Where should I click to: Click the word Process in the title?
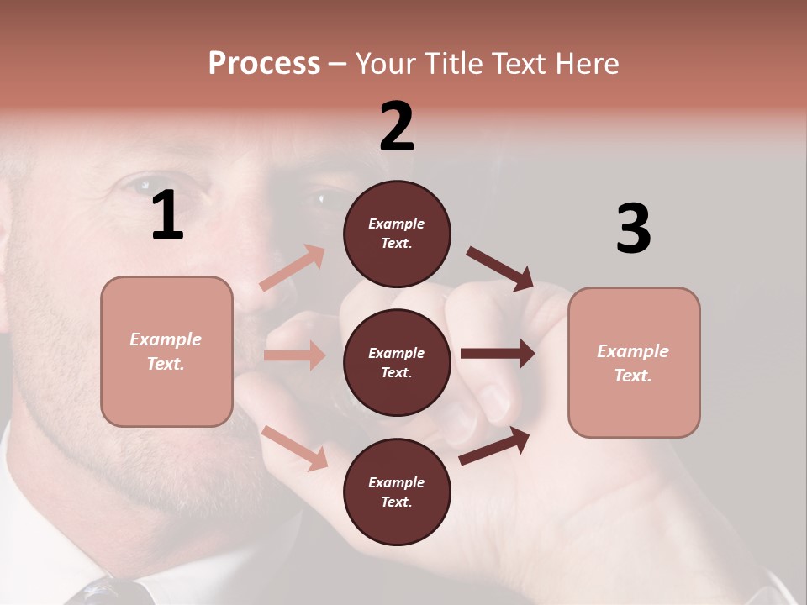coord(264,64)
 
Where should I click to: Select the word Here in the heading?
coord(585,64)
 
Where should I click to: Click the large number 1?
coord(167,216)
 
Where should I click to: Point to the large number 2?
coord(397,127)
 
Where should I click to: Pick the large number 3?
coord(633,229)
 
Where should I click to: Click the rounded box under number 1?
coord(166,351)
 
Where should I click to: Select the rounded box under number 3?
coord(634,363)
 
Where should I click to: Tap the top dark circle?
coord(397,234)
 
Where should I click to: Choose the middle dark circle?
coord(397,362)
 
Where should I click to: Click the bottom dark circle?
coord(397,492)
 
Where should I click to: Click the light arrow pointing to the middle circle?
coord(294,355)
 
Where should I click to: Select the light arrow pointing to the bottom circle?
coord(294,447)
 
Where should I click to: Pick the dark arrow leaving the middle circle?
coord(498,354)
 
